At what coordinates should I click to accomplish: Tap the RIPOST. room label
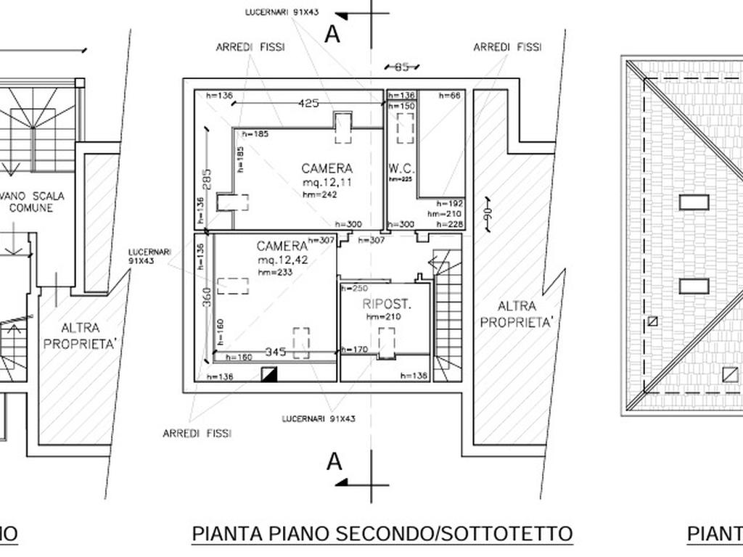[x=387, y=305]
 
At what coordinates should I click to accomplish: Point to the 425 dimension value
[x=308, y=103]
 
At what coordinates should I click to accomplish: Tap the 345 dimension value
[x=275, y=352]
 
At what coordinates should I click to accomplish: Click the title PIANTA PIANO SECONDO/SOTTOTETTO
[x=382, y=534]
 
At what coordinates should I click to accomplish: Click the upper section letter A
[x=332, y=34]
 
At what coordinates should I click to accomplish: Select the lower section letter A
[x=334, y=461]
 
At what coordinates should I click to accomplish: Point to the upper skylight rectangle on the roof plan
[x=694, y=202]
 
